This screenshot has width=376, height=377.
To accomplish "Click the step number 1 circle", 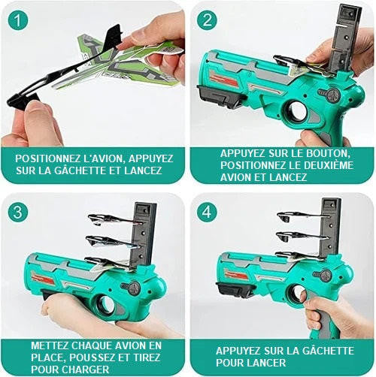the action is pos(18,20).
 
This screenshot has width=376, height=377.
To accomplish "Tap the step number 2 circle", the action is pos(207,20).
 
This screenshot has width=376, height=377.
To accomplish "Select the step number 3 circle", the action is pos(18,213).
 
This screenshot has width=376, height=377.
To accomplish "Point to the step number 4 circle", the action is pos(207,213).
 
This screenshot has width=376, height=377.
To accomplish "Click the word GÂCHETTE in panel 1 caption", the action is pos(80,170).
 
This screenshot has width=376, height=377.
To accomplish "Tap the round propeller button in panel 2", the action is pos(334,95).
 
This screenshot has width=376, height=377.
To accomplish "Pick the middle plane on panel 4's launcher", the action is pos(302,236).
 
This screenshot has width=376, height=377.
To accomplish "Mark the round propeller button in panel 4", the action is pos(326,276).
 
